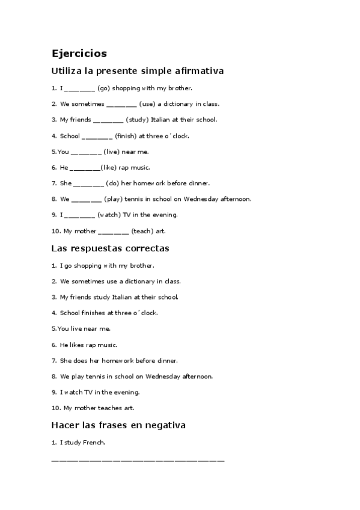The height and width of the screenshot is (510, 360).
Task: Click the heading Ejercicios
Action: pyautogui.click(x=79, y=54)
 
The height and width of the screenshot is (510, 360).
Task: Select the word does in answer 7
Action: pyautogui.click(x=81, y=361)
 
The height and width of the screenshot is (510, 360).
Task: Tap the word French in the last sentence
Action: pyautogui.click(x=93, y=443)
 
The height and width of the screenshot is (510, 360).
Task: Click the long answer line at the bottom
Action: pyautogui.click(x=138, y=461)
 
